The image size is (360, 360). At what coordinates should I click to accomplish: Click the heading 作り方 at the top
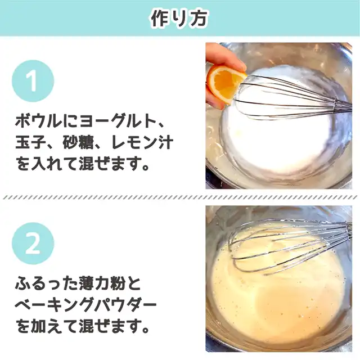pos(179,18)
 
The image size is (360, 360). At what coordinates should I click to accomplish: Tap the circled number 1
pos(33,81)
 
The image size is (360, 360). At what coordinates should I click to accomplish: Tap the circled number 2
pos(33,244)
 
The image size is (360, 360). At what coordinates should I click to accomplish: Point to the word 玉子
pos(31,143)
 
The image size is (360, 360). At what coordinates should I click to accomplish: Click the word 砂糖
pos(79,143)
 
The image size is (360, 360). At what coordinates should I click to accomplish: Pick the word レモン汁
pos(142,143)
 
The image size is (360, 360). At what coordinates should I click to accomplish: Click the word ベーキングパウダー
pos(85,305)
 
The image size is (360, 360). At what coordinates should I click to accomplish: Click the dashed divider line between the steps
pos(180,197)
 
